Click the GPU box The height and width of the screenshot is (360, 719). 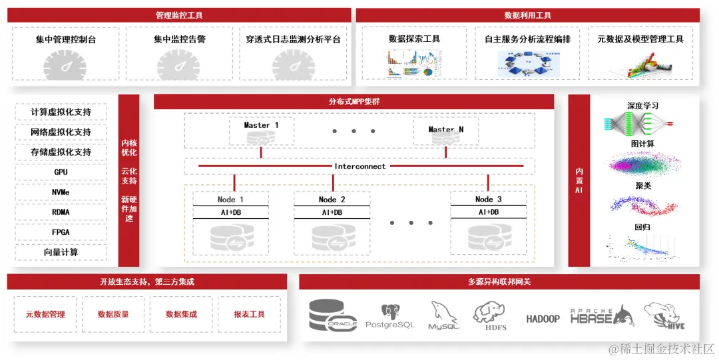(x=61, y=172)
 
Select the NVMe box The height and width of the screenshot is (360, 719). (x=61, y=192)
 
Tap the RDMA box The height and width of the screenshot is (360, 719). (x=61, y=212)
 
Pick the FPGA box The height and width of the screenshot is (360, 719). (x=61, y=232)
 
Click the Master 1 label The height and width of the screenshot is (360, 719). (x=261, y=125)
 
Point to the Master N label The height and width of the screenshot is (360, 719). (x=446, y=129)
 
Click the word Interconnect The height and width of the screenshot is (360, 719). (x=359, y=166)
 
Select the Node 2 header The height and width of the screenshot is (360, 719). (x=332, y=200)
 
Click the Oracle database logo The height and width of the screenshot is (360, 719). (x=334, y=315)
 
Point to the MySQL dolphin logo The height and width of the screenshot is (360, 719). (x=444, y=315)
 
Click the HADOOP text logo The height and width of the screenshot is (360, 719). (x=543, y=319)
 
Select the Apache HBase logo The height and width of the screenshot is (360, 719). (x=602, y=315)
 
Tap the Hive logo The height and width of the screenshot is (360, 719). (x=664, y=315)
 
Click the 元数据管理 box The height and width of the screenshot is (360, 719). (x=45, y=314)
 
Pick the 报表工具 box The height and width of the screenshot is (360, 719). (x=250, y=314)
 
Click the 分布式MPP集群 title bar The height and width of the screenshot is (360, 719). (x=354, y=102)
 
